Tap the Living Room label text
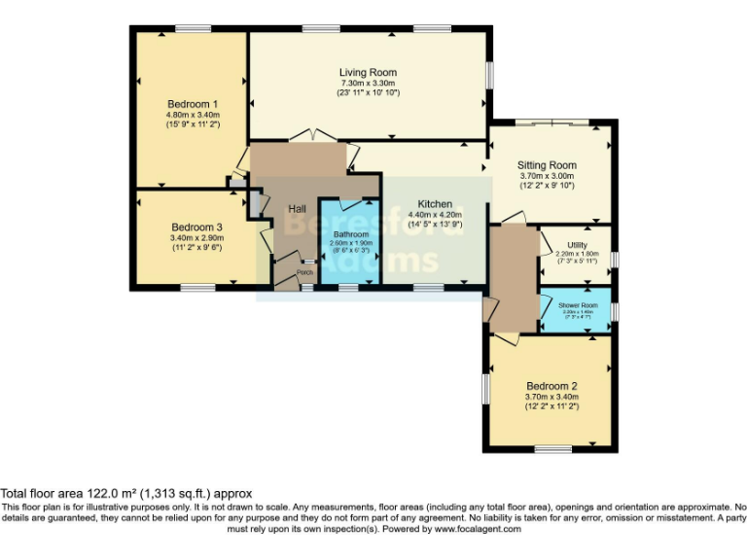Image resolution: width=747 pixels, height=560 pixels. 368,73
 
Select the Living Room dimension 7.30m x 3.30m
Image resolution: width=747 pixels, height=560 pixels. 368,84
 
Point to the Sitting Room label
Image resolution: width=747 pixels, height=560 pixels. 547,165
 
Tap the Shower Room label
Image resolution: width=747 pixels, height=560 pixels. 577,305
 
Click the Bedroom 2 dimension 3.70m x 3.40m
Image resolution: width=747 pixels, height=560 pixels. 551,397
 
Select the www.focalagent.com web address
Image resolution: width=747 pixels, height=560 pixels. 476,529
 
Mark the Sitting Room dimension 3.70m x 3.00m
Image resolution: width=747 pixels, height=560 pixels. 547,176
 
